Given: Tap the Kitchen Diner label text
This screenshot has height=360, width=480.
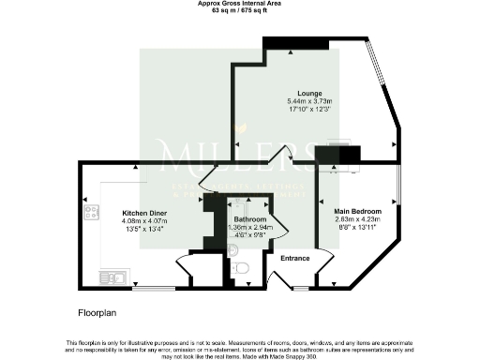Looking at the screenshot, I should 144,213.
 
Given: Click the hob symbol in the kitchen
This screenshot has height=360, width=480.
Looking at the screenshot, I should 93,213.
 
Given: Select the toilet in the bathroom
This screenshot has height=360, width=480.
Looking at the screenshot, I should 240,269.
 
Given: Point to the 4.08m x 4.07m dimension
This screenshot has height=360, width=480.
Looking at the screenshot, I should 144,220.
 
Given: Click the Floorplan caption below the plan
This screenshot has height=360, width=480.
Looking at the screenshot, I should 97,308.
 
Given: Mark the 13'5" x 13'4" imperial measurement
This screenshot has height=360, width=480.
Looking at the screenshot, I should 144,228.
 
